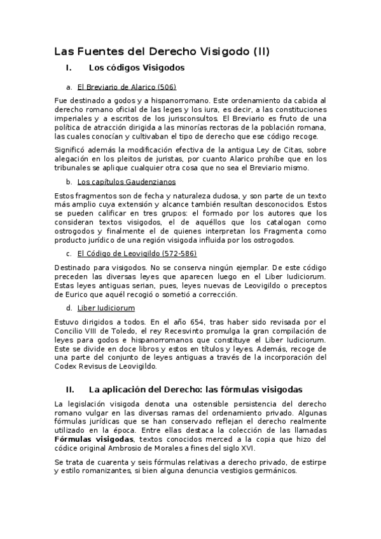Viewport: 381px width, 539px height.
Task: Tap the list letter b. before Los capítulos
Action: (69, 182)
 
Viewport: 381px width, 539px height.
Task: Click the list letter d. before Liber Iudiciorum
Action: (69, 308)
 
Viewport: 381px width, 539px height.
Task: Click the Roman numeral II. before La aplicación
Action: (71, 388)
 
